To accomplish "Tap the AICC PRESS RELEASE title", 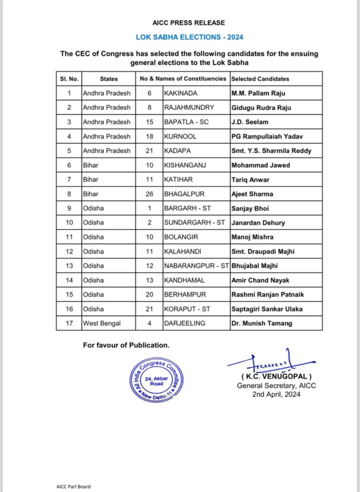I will coord(189,23).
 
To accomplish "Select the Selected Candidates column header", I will coord(260,79).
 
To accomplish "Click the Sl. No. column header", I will coord(68,79).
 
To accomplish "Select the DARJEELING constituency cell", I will coord(184,323).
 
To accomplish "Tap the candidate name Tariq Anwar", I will coord(250,179).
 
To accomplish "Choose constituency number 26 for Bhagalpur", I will coord(149,194).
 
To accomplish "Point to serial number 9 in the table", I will coord(69,208).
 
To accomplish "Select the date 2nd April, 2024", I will coord(276,394).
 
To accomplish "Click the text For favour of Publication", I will coord(126,345).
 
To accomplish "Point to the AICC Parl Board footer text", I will coord(73,486).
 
